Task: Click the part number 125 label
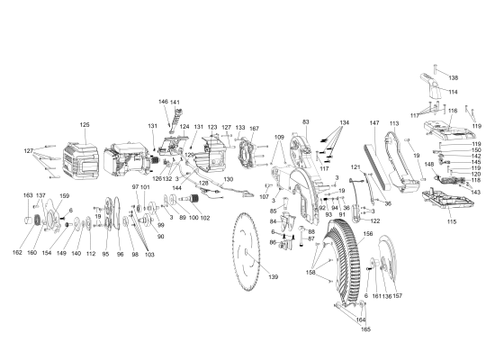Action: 85,125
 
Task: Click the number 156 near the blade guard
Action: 367,234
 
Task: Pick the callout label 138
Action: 453,78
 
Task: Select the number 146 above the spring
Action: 164,103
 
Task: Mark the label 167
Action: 254,129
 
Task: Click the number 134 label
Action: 344,122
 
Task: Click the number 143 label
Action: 475,192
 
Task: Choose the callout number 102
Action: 205,218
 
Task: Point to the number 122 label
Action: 375,220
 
